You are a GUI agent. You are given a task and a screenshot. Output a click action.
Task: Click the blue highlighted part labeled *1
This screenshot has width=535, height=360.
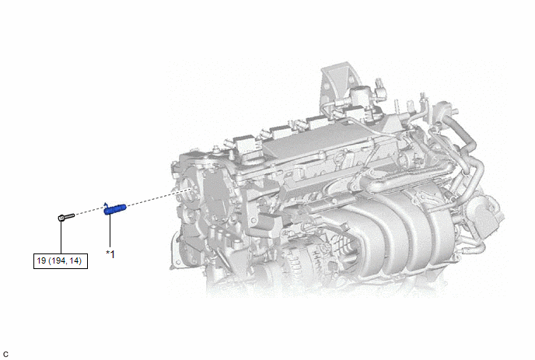click(x=115, y=209)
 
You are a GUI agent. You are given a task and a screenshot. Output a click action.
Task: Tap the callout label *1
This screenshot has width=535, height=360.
click(x=110, y=254)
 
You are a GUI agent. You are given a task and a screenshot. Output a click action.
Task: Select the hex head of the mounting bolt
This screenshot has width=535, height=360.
click(x=61, y=218)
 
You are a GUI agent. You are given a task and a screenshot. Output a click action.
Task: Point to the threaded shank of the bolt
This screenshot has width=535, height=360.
click(x=69, y=216)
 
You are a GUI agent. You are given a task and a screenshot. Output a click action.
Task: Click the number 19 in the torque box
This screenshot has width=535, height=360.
click(x=41, y=261)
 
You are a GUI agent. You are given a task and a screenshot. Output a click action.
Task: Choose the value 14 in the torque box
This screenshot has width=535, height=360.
click(x=75, y=261)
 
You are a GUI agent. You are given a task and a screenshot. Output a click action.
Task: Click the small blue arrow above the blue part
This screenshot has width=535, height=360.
click(x=106, y=204)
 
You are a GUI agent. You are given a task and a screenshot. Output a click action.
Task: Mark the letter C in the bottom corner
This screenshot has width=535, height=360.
click(x=5, y=355)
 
